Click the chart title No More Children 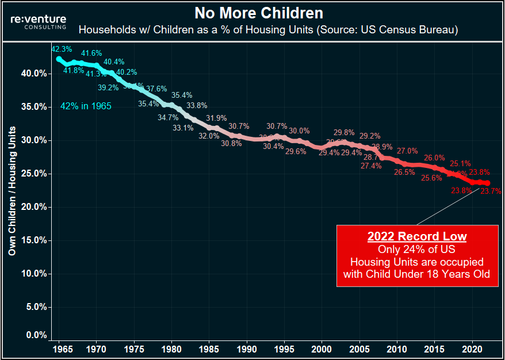pos(258,13)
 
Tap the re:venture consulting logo pos(39,22)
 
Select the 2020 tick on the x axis pos(472,349)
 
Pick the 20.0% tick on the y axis pos(34,207)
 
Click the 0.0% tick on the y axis pos(36,335)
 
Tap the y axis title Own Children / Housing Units pos(12,190)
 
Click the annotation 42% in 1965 pos(86,106)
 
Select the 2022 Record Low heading pos(417,236)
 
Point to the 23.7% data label pos(491,191)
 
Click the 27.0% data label pos(407,151)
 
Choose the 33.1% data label pos(183,128)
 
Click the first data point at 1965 pos(59,59)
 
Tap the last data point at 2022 pos(487,183)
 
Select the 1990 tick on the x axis pos(247,349)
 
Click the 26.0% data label pos(434,158)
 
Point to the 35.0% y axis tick pos(34,107)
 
